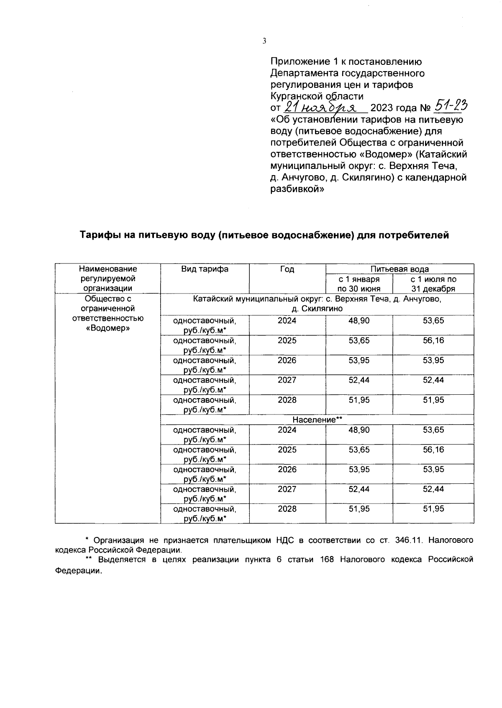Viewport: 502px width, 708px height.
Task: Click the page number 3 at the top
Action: [x=264, y=41]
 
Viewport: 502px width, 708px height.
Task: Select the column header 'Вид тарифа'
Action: [x=205, y=269]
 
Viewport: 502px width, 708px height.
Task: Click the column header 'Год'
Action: [x=287, y=269]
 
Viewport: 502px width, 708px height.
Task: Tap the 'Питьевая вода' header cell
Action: [x=400, y=269]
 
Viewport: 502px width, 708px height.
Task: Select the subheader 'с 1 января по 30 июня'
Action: [x=359, y=284]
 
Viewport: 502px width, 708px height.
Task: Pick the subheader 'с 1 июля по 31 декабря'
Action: [x=433, y=284]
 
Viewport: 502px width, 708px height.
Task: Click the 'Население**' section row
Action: [x=317, y=419]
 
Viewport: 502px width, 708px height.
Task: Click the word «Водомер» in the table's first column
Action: [x=108, y=328]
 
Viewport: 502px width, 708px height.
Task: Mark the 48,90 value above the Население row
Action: [x=359, y=321]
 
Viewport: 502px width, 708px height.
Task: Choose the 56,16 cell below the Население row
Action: [x=433, y=450]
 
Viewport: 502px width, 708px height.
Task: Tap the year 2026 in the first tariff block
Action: [x=287, y=360]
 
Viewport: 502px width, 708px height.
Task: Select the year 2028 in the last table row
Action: [x=287, y=509]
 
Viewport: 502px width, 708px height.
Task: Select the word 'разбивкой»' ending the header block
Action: [x=297, y=189]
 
